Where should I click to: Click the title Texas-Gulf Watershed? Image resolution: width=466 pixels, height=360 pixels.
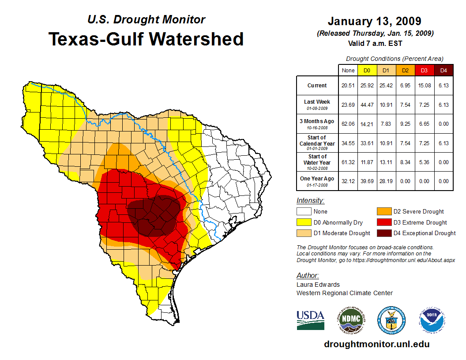(x=146, y=39)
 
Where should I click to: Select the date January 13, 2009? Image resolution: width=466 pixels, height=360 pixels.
(x=374, y=21)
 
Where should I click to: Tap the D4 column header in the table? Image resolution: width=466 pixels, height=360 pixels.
(x=443, y=70)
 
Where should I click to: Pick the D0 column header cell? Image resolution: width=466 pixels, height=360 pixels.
(x=367, y=70)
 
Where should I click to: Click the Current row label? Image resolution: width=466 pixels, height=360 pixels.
(x=317, y=86)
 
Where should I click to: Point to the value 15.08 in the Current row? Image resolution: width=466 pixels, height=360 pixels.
(x=424, y=86)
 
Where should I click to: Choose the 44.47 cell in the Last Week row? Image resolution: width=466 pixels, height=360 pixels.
(x=367, y=105)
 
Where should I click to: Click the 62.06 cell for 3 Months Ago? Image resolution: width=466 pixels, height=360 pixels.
(x=348, y=124)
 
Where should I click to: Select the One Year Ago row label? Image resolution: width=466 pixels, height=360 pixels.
(x=317, y=180)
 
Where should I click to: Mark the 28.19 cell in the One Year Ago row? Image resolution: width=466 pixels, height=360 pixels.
(x=386, y=181)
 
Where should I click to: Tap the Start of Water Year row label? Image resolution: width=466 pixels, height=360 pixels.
(x=317, y=162)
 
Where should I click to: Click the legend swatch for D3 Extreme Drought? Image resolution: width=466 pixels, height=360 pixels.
(x=383, y=222)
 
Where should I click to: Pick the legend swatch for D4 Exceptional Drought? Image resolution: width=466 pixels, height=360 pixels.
(x=383, y=233)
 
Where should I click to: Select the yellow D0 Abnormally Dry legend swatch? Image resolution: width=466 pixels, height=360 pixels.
(x=304, y=222)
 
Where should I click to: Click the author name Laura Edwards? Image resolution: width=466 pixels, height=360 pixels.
(x=318, y=285)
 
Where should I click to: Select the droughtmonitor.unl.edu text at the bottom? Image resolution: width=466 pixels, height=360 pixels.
(x=376, y=344)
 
